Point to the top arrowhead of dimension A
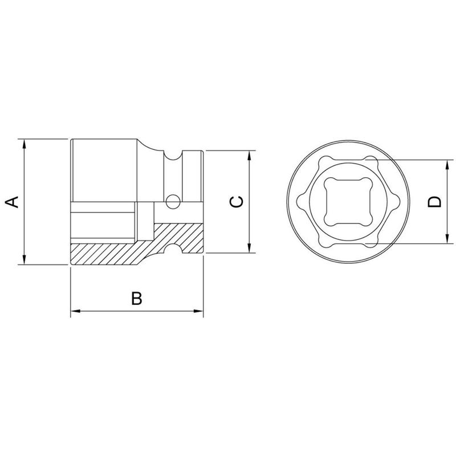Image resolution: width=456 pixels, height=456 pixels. (x=24, y=143)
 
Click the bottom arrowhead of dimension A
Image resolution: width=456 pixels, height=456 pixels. (x=24, y=260)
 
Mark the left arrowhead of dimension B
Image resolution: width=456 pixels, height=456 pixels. (x=75, y=311)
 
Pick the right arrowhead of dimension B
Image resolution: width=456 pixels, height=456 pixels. (x=199, y=311)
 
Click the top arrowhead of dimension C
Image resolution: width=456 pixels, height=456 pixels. (x=250, y=156)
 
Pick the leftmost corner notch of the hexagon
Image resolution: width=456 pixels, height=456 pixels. (x=299, y=201)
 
